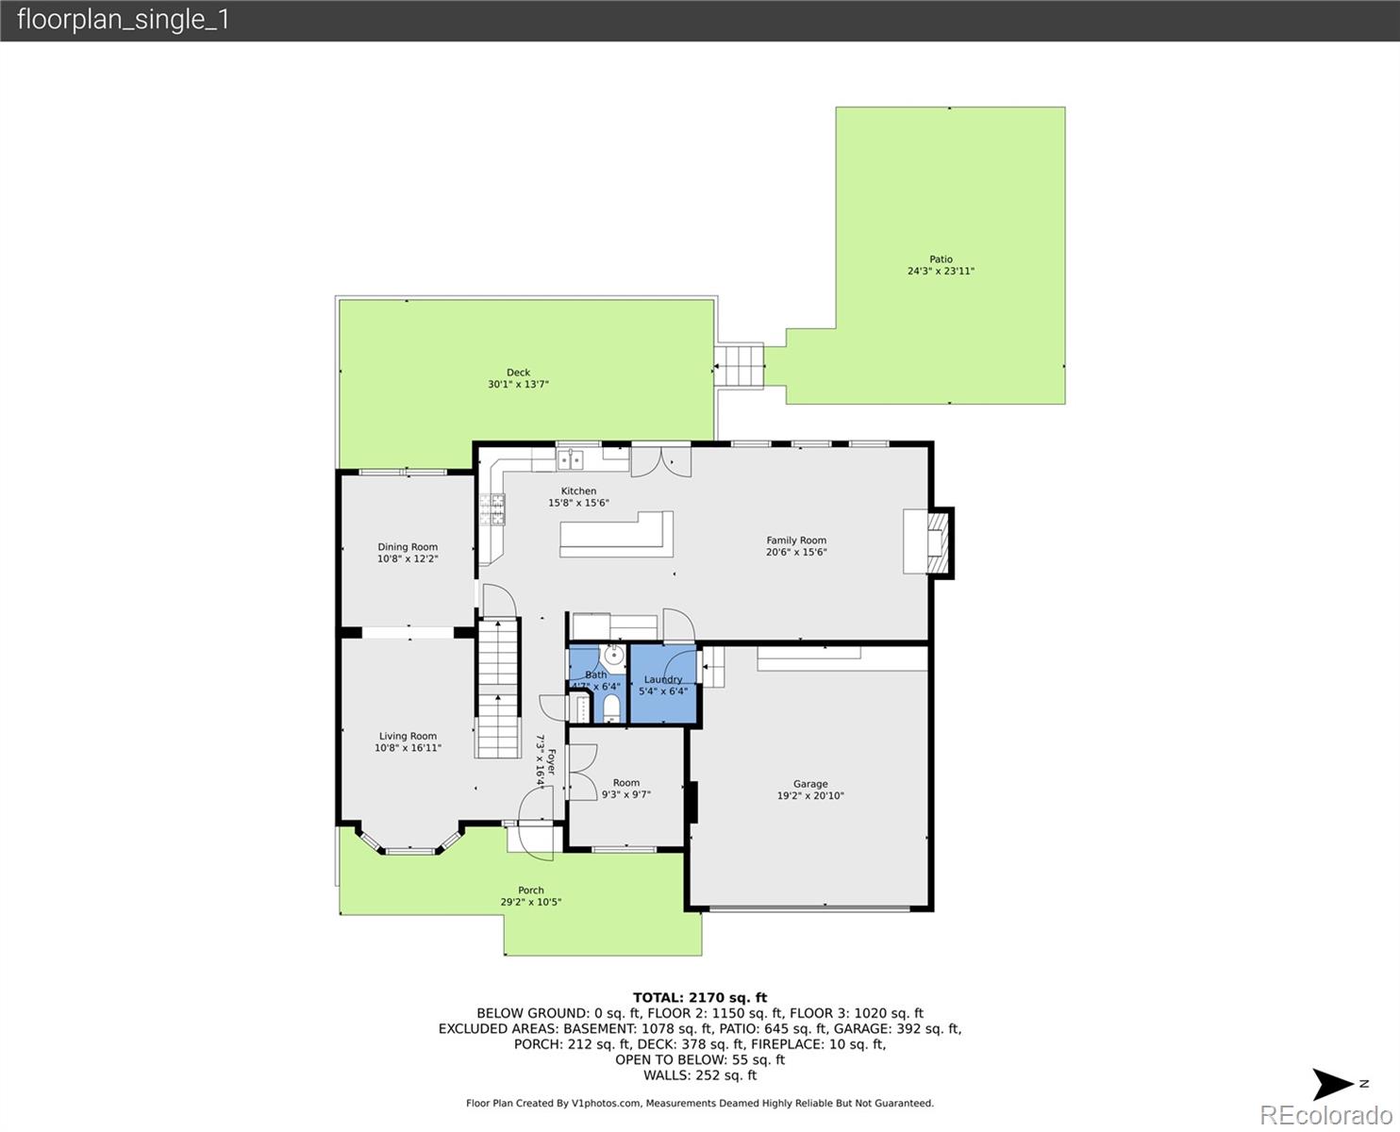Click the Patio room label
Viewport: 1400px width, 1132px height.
941,259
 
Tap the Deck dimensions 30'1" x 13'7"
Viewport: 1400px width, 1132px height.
518,385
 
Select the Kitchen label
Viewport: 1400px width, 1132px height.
578,491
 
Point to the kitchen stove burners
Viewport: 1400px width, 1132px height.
492,509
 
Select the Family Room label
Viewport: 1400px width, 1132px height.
796,541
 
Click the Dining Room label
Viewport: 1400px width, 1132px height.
408,547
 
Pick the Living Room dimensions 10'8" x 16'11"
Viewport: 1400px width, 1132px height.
408,748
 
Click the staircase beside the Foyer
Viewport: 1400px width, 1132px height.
497,689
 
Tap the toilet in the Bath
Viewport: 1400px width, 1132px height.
609,707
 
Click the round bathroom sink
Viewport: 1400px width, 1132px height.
612,654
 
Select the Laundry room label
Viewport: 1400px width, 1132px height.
663,679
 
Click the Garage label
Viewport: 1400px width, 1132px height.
809,784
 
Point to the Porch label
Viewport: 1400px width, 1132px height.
531,890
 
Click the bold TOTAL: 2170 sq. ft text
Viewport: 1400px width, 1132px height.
699,997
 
